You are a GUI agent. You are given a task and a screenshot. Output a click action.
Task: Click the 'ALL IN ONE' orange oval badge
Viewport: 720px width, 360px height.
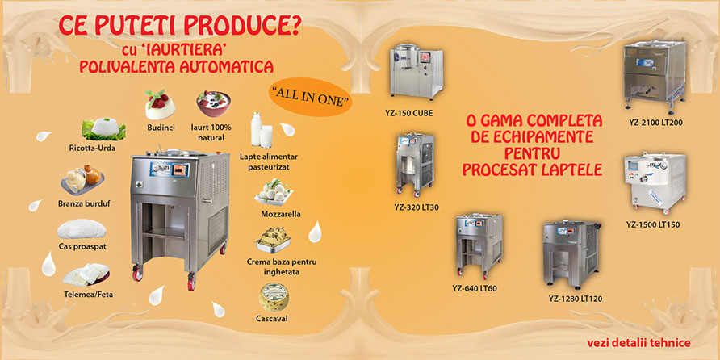311,101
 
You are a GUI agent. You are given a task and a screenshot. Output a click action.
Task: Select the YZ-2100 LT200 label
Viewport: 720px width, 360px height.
655,123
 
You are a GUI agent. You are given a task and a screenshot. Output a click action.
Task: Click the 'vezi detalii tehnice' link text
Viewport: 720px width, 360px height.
638,342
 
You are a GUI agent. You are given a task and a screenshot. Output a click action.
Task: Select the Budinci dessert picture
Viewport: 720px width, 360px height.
161,105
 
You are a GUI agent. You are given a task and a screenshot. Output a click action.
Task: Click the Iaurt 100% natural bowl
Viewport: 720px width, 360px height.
215,104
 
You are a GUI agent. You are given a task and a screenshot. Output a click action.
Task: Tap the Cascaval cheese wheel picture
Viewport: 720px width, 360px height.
274,296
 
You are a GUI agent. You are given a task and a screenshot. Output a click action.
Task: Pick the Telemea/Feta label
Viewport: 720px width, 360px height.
89,294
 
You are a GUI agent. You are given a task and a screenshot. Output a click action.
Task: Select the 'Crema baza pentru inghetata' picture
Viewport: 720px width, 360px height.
273,240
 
